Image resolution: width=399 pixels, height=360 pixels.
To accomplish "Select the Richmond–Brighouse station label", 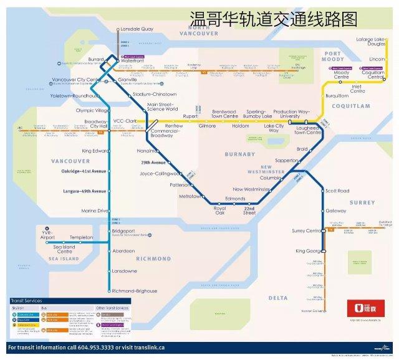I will (133, 291).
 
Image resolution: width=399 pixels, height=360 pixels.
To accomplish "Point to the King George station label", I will (309, 252).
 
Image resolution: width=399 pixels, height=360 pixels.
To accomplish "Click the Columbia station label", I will (271, 178).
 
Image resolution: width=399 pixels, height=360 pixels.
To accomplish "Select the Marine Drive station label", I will (94, 211).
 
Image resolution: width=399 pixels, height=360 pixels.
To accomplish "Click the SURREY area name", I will (362, 203).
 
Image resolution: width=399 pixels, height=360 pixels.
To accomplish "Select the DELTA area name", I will (277, 298).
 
